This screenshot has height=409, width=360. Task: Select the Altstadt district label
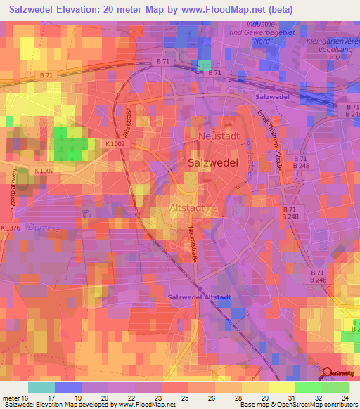[x=186, y=207]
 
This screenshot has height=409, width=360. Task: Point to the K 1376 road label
[x=11, y=228]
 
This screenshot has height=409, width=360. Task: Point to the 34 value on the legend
[x=345, y=397]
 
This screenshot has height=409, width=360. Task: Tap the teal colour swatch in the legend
[x=41, y=387]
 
